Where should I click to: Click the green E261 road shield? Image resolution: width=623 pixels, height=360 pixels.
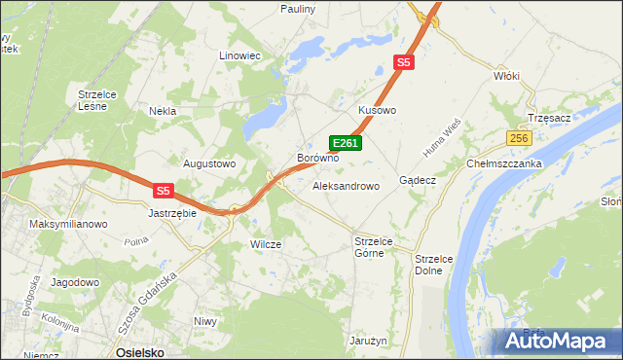pyautogui.click(x=346, y=143)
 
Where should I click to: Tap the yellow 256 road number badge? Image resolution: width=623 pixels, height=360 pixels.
pyautogui.click(x=519, y=138)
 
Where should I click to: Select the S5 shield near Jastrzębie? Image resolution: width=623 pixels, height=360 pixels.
pyautogui.click(x=164, y=192)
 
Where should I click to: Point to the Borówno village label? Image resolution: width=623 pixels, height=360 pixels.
pyautogui.click(x=317, y=157)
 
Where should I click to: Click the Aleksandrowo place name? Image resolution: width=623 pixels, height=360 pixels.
pyautogui.click(x=346, y=185)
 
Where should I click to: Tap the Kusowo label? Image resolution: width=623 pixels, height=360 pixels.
pyautogui.click(x=378, y=111)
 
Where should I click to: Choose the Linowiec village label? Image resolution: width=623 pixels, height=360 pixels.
pyautogui.click(x=240, y=56)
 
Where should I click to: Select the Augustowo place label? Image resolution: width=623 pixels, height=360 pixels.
pyautogui.click(x=210, y=163)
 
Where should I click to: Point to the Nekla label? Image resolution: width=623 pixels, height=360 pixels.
pyautogui.click(x=162, y=111)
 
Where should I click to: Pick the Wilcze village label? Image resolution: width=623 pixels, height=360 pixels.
pyautogui.click(x=266, y=244)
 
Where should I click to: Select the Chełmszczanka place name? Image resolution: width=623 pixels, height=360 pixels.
pyautogui.click(x=504, y=163)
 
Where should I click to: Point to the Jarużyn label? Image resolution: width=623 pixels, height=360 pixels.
pyautogui.click(x=369, y=342)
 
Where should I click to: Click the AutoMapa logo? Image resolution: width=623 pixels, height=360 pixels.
pyautogui.click(x=557, y=342)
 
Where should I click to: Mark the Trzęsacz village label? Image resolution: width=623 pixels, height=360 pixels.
pyautogui.click(x=546, y=117)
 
